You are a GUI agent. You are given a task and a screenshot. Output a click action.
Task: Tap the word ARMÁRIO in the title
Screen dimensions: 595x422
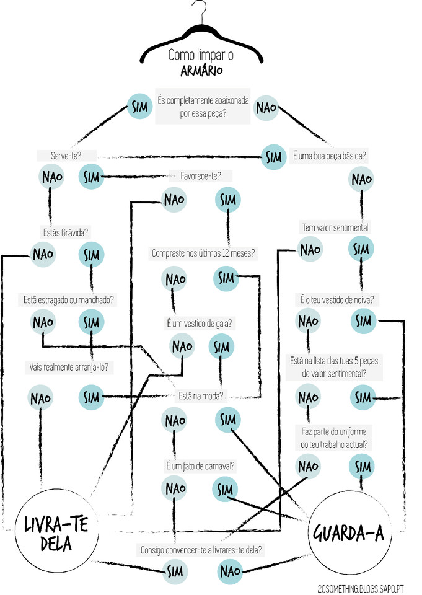(x=202, y=70)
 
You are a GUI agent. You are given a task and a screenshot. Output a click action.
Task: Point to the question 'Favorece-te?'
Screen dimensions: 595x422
(x=200, y=175)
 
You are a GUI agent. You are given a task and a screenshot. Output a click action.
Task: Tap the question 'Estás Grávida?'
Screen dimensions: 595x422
(x=65, y=232)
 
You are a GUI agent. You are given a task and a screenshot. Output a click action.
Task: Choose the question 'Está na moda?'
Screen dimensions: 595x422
(x=201, y=394)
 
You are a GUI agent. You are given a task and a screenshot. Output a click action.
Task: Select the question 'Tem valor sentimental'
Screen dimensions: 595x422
(x=335, y=227)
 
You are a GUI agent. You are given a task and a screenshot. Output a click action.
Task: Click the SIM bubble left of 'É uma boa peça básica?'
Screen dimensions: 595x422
(x=274, y=157)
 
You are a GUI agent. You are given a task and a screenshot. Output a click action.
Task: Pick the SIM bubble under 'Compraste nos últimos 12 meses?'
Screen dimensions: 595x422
(x=227, y=278)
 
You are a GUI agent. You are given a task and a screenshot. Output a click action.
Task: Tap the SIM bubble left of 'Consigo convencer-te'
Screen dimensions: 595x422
(x=174, y=570)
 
